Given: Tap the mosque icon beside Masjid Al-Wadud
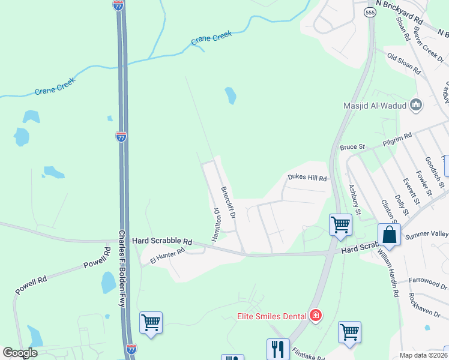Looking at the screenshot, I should coord(416,106).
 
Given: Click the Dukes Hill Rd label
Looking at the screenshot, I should coord(307,178).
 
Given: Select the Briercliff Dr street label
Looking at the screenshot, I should coord(228,201).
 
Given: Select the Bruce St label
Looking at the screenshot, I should coord(352,146).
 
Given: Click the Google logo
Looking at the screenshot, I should coord(20,353).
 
